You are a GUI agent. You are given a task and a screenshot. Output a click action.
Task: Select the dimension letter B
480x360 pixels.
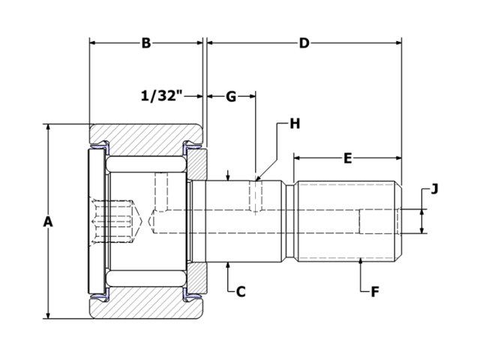tap(146, 43)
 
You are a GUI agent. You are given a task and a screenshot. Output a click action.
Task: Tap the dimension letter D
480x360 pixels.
tap(304, 43)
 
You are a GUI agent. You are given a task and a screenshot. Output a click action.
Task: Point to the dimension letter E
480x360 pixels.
tap(347, 158)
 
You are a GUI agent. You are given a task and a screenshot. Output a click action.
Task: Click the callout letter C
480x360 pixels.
tap(241, 291)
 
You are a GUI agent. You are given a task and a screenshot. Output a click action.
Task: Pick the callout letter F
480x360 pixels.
tap(374, 291)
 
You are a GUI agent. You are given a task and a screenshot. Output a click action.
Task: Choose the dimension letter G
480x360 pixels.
tap(231, 96)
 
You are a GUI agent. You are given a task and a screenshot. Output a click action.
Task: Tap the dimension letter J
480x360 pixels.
tap(434, 188)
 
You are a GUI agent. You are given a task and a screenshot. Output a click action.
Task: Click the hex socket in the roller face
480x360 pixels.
tap(116, 222)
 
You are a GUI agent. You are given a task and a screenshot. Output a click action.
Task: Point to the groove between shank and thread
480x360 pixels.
tap(289, 222)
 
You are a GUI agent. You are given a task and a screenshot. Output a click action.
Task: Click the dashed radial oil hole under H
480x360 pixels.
tap(256, 196)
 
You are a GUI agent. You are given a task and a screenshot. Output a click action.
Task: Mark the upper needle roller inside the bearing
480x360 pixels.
tap(146, 162)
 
